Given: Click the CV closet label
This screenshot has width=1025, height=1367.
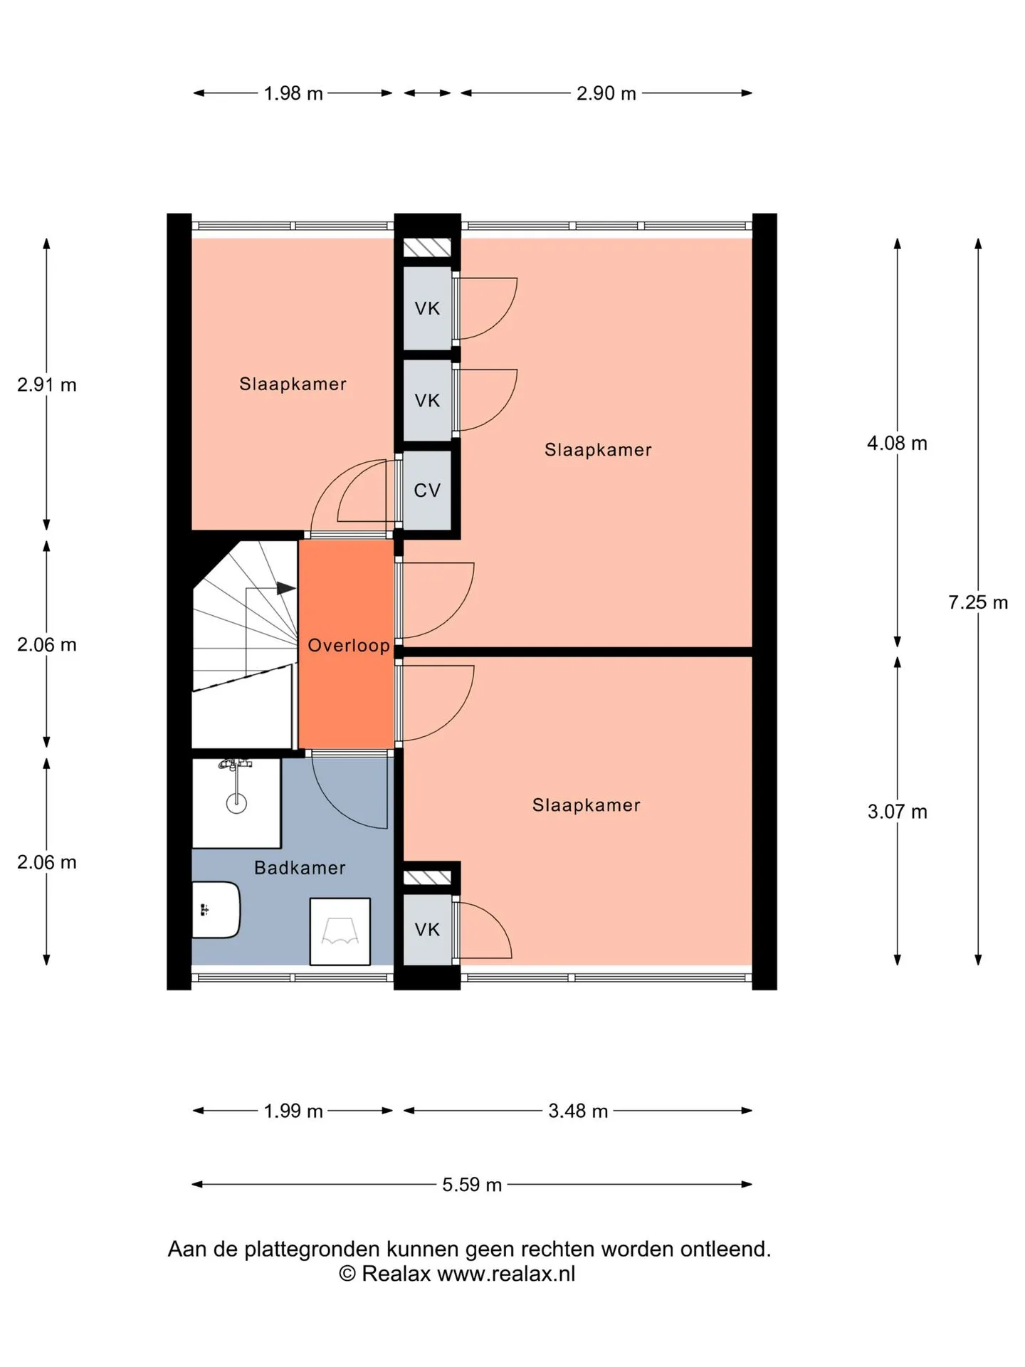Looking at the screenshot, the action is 427,490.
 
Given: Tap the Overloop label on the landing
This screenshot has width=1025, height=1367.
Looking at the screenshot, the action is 349,646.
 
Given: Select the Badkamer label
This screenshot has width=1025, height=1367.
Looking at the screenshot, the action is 300,868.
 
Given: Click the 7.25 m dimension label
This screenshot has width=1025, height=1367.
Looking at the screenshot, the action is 978,602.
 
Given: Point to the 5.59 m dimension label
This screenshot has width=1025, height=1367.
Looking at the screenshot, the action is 472,1185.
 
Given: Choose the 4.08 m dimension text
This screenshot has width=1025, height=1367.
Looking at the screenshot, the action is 897,443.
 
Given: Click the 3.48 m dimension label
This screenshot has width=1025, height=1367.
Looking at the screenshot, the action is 578,1111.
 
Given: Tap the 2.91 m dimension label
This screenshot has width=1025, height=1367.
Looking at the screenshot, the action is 47,384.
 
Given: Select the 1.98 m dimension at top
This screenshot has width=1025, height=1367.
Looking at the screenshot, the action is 293,93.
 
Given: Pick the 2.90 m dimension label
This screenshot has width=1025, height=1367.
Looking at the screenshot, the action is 606,93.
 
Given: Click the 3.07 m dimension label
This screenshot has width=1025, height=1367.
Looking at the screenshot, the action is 897,812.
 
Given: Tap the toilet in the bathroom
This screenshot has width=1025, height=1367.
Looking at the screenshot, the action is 216,910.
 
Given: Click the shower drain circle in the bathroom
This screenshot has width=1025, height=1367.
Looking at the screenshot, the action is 236,804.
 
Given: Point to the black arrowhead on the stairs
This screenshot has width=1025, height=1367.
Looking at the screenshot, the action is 286,588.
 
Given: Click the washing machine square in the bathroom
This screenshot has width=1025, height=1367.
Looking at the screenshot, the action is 340,931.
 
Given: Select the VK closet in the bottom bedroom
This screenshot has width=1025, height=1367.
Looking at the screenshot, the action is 427,929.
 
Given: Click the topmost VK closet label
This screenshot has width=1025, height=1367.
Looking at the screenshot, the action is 427,308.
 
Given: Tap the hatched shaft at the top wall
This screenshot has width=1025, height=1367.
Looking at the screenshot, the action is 427,247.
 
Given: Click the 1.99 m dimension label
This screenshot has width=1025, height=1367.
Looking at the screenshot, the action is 293,1111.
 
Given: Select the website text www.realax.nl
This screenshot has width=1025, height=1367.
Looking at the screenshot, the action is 506,1274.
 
